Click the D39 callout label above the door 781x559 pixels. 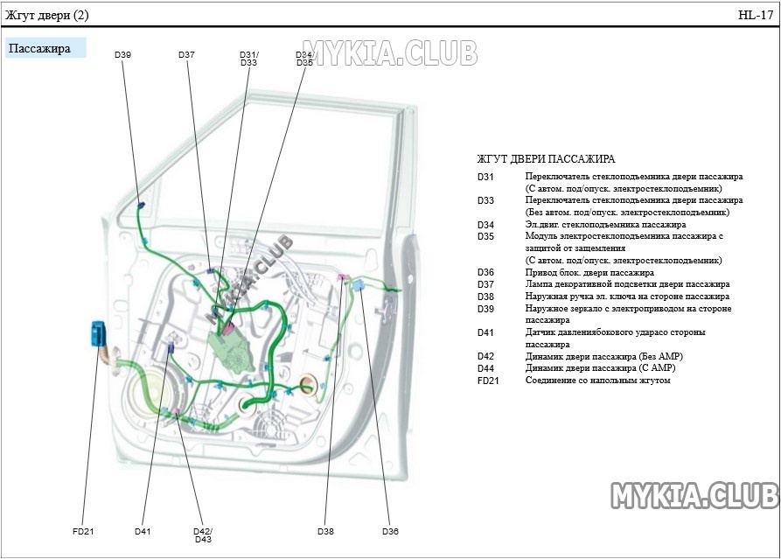pos(122,55)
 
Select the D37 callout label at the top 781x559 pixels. pos(186,55)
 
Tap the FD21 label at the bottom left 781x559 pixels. pos(83,531)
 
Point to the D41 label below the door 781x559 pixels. pos(143,531)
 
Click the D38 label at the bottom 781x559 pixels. pos(325,531)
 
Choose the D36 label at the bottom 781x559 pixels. pos(390,531)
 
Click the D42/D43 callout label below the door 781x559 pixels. pos(203,535)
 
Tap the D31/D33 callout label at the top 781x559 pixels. pos(248,59)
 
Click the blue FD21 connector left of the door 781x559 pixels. pos(98,334)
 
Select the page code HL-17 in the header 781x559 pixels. pos(756,15)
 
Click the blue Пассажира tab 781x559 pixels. pos(45,48)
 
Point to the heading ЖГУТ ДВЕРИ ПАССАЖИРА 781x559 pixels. pos(546,159)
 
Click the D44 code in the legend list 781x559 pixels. pos(485,368)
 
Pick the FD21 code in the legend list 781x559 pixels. pos(488,381)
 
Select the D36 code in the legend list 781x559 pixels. pos(485,272)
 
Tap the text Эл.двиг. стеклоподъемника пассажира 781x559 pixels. pos(593,225)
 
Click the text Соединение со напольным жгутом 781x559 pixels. pos(597,381)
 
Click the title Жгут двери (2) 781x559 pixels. pos(46,15)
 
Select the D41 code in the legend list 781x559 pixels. pos(485,332)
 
